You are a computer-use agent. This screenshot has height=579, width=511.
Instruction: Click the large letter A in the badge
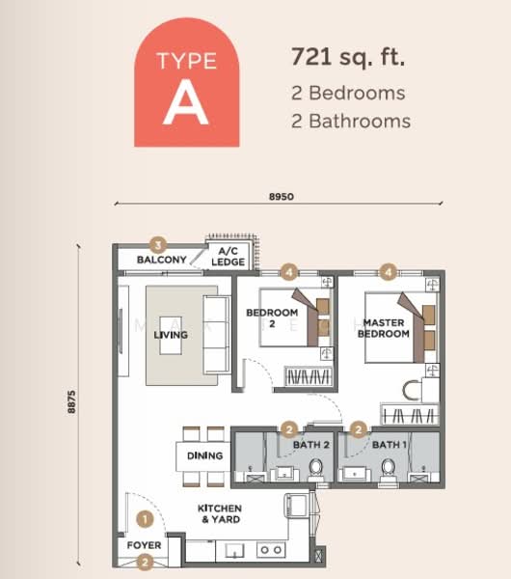coord(186,104)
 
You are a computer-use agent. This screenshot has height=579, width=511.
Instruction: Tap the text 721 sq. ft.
coord(348,56)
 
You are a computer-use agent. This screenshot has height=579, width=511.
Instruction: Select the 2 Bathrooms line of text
coord(351,121)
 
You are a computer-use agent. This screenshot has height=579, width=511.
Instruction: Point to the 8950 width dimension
coord(281,197)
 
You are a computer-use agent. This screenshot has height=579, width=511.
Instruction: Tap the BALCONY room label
coord(161,261)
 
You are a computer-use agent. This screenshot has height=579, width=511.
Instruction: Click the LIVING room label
coord(171,335)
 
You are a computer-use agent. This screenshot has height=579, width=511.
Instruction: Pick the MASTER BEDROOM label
coord(384,327)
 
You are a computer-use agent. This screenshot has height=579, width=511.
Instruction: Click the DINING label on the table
coord(205,455)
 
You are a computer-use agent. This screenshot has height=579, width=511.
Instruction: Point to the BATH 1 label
coord(389,445)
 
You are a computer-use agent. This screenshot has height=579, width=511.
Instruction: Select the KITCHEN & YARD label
coord(220,513)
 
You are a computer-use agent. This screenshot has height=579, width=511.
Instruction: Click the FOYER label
coord(145,545)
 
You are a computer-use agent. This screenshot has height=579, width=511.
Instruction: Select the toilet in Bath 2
coord(315,469)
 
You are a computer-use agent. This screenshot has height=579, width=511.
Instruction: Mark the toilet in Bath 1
coord(389,469)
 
